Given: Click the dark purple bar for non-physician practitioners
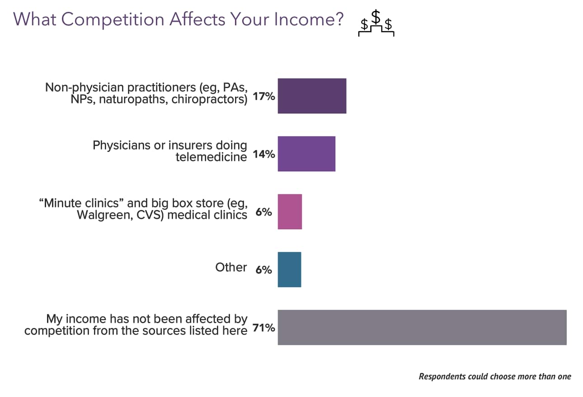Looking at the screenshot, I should (x=312, y=96).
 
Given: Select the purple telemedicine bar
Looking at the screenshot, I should (x=306, y=154).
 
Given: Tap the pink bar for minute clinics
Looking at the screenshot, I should (x=290, y=212).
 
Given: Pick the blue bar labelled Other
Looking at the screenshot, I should (x=289, y=269).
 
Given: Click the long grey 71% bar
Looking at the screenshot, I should (x=422, y=327).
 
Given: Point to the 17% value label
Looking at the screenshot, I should (x=264, y=96).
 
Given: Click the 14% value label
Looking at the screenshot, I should (x=264, y=154).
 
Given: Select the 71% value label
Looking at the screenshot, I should (x=264, y=328).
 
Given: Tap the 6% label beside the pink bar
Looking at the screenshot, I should (x=264, y=212).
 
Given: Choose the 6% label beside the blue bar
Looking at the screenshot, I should (x=264, y=270).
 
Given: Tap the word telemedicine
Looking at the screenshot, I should (x=212, y=157).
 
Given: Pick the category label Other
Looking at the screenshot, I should (x=231, y=267).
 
